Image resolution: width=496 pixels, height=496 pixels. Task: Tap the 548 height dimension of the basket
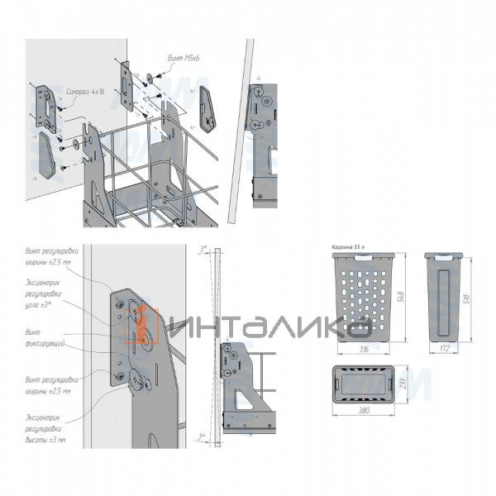tap(400, 294)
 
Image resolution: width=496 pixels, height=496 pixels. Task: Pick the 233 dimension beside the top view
tap(403, 384)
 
